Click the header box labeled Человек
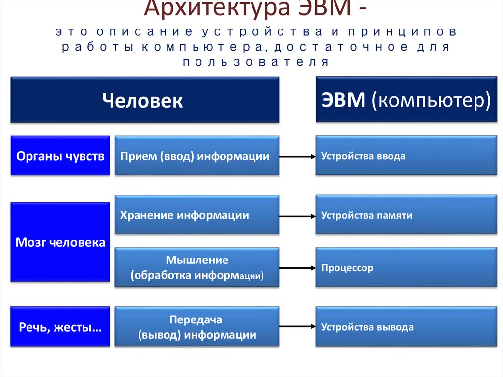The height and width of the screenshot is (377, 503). [x=145, y=100]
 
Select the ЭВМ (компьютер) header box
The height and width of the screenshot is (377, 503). [x=406, y=99]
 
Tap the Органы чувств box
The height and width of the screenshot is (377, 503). [x=60, y=156]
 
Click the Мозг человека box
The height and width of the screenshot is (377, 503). [x=60, y=242]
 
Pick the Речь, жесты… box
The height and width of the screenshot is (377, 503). [x=60, y=327]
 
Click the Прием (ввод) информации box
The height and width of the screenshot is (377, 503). [x=197, y=156]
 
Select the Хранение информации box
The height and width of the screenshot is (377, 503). [x=197, y=215]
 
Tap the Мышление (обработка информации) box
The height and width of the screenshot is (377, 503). [x=197, y=267]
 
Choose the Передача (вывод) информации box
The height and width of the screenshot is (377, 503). [x=197, y=327]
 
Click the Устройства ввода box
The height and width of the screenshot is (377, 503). [x=406, y=156]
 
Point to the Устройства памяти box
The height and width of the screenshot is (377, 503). [x=406, y=215]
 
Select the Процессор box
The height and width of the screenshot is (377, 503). [x=406, y=267]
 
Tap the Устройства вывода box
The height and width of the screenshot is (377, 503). [x=406, y=327]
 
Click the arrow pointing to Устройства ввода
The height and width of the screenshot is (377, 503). [x=298, y=157]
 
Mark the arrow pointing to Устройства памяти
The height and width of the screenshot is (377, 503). [x=298, y=216]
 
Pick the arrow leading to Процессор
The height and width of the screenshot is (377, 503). [x=298, y=268]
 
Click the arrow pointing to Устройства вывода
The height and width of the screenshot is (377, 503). [x=298, y=326]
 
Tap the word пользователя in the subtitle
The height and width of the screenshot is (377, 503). [x=255, y=62]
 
